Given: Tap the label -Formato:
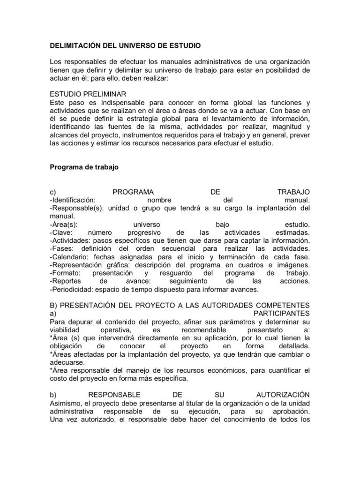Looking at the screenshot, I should click(66, 273).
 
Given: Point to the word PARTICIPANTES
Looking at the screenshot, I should click(281, 313).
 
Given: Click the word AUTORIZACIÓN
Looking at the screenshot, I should click(283, 394).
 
